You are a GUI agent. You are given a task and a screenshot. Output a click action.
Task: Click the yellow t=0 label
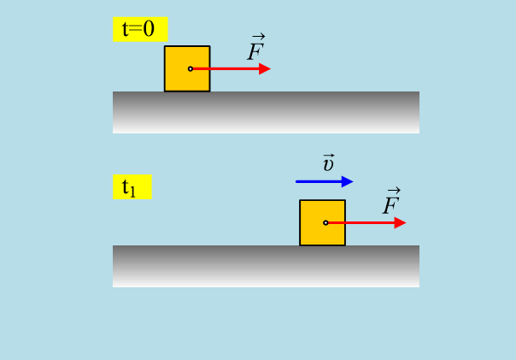[139, 29]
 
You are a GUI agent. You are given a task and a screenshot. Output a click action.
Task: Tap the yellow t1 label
[132, 187]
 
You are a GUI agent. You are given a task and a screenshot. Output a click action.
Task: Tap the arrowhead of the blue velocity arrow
[347, 181]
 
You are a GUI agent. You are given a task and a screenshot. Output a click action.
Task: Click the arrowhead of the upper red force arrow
[265, 68]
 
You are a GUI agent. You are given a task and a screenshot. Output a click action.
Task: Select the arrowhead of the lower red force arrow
[400, 222]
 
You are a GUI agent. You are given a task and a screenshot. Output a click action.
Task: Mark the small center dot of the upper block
[191, 68]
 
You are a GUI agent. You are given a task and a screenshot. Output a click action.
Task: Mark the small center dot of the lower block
[325, 222]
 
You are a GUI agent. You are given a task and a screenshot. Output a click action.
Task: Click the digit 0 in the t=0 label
[149, 29]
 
